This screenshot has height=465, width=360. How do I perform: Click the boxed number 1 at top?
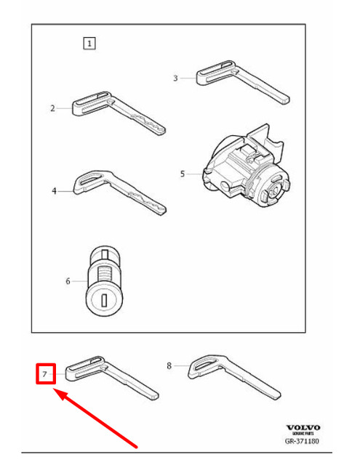tap(89, 44)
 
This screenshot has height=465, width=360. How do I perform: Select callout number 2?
tap(52, 109)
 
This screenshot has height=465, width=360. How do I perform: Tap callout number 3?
tap(175, 78)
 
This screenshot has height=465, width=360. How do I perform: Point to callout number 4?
tap(53, 191)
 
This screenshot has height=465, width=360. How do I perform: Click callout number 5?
tap(183, 174)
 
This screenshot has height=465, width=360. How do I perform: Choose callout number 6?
tap(68, 281)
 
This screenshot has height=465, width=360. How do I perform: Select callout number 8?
tap(169, 366)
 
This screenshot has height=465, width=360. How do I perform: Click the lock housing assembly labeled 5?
tap(244, 171)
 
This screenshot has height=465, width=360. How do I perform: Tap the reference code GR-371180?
tap(302, 441)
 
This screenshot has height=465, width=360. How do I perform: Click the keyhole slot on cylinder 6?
tap(106, 299)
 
